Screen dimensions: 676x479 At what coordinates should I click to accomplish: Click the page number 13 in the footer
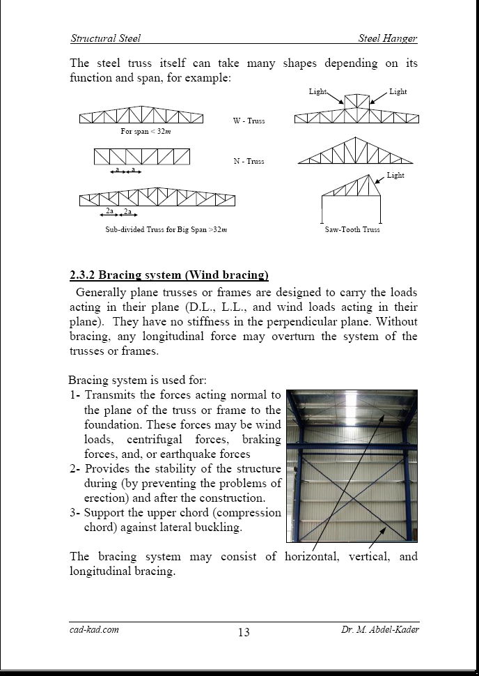(x=244, y=633)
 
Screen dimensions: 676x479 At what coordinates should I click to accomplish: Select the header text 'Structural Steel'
(x=105, y=38)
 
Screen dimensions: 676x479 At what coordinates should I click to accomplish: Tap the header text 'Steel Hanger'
(x=388, y=38)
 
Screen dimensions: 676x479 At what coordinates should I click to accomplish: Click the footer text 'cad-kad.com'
(x=94, y=629)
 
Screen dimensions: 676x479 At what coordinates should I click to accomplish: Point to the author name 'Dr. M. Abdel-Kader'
(x=380, y=629)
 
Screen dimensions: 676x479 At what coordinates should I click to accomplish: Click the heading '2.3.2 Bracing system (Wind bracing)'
(x=169, y=275)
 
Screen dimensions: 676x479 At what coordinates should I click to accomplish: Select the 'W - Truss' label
(x=249, y=121)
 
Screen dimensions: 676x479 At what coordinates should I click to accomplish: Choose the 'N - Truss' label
(x=249, y=161)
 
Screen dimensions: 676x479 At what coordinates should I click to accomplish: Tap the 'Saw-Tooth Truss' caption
(x=352, y=229)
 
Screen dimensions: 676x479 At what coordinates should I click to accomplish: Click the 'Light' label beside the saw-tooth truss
(x=395, y=176)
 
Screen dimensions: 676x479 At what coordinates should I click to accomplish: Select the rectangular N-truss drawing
(x=141, y=156)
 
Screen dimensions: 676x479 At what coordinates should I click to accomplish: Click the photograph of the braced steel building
(x=352, y=466)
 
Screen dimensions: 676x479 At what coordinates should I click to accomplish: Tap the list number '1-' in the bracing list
(x=75, y=395)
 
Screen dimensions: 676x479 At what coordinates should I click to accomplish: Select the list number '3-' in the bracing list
(x=75, y=512)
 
